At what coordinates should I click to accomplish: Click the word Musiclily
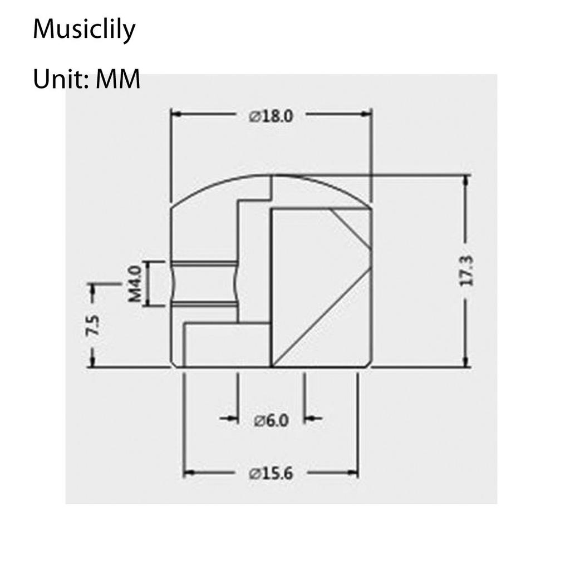[x=84, y=30]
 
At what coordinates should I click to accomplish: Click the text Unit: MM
[x=86, y=80]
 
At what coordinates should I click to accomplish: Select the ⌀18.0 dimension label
[x=271, y=116]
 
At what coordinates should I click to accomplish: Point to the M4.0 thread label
[x=135, y=284]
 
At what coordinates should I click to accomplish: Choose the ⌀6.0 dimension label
[x=271, y=421]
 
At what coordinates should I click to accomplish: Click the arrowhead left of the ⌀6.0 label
[x=233, y=418]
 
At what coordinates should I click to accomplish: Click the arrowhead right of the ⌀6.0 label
[x=309, y=418]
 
